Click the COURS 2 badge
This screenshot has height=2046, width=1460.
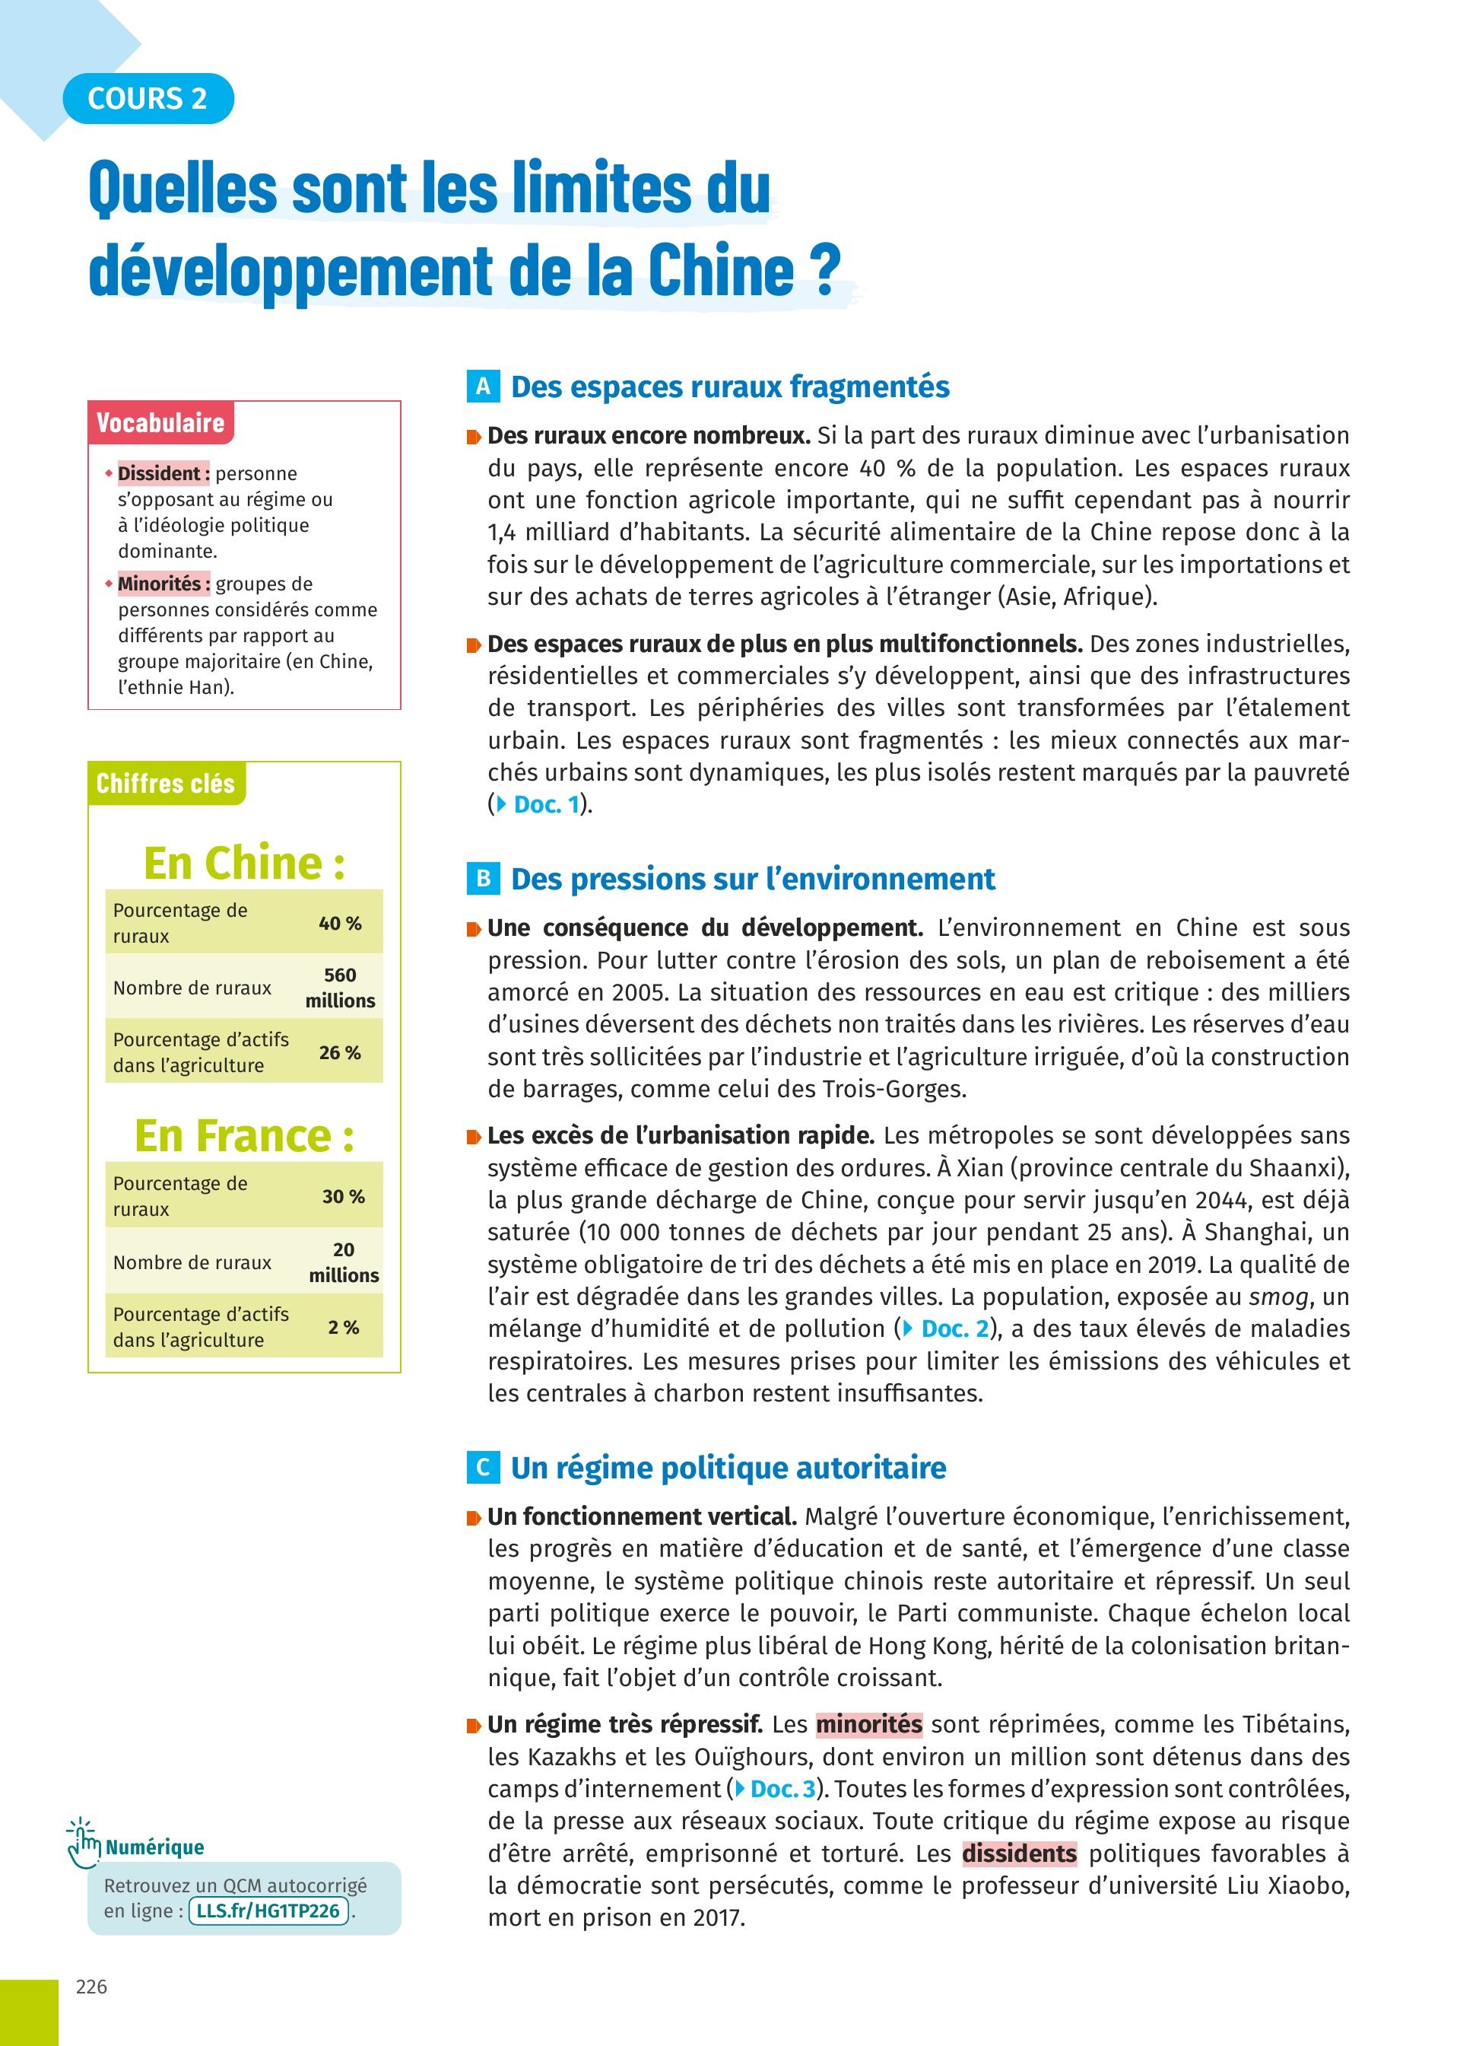pyautogui.click(x=148, y=98)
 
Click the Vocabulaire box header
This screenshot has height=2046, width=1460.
pyautogui.click(x=160, y=423)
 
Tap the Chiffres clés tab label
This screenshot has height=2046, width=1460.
pyautogui.click(x=166, y=784)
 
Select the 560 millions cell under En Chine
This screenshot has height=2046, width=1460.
pyautogui.click(x=340, y=988)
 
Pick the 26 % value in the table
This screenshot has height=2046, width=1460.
pyautogui.click(x=340, y=1052)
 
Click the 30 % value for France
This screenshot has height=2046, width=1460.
pyautogui.click(x=344, y=1196)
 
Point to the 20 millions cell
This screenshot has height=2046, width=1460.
pyautogui.click(x=344, y=1262)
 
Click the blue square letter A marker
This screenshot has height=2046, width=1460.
pyautogui.click(x=483, y=387)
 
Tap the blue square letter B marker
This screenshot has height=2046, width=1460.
pyautogui.click(x=483, y=879)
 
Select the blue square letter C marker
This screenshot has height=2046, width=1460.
pyautogui.click(x=483, y=1468)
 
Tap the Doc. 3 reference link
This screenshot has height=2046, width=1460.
pyautogui.click(x=776, y=1789)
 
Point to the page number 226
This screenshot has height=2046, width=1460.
pyautogui.click(x=92, y=1987)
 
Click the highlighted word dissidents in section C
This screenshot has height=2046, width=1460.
pyautogui.click(x=1020, y=1853)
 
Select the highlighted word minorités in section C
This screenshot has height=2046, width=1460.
pyautogui.click(x=868, y=1724)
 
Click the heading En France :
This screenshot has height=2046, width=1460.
pyautogui.click(x=243, y=1136)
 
